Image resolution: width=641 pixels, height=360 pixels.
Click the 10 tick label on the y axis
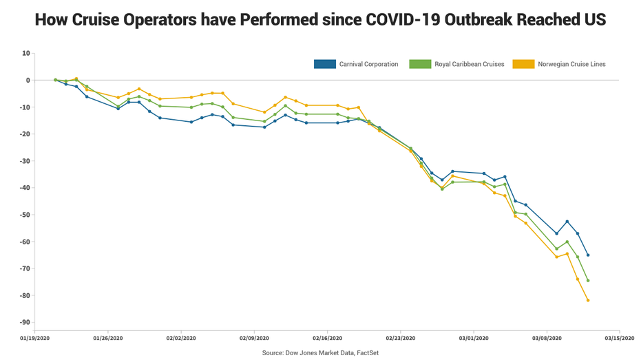tap(25, 53)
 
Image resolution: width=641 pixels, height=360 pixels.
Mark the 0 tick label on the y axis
tap(28, 80)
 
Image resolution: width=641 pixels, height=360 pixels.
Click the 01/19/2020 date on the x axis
tap(34, 338)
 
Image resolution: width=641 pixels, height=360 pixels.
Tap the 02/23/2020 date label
tap(400, 338)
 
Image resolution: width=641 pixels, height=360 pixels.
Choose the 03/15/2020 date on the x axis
tap(620, 338)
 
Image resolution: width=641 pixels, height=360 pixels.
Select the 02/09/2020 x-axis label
tap(253, 338)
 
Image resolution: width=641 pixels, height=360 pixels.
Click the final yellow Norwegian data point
tap(588, 300)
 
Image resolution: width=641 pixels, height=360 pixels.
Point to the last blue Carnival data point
tap(588, 255)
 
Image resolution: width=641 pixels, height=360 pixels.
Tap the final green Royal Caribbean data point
tap(588, 280)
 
